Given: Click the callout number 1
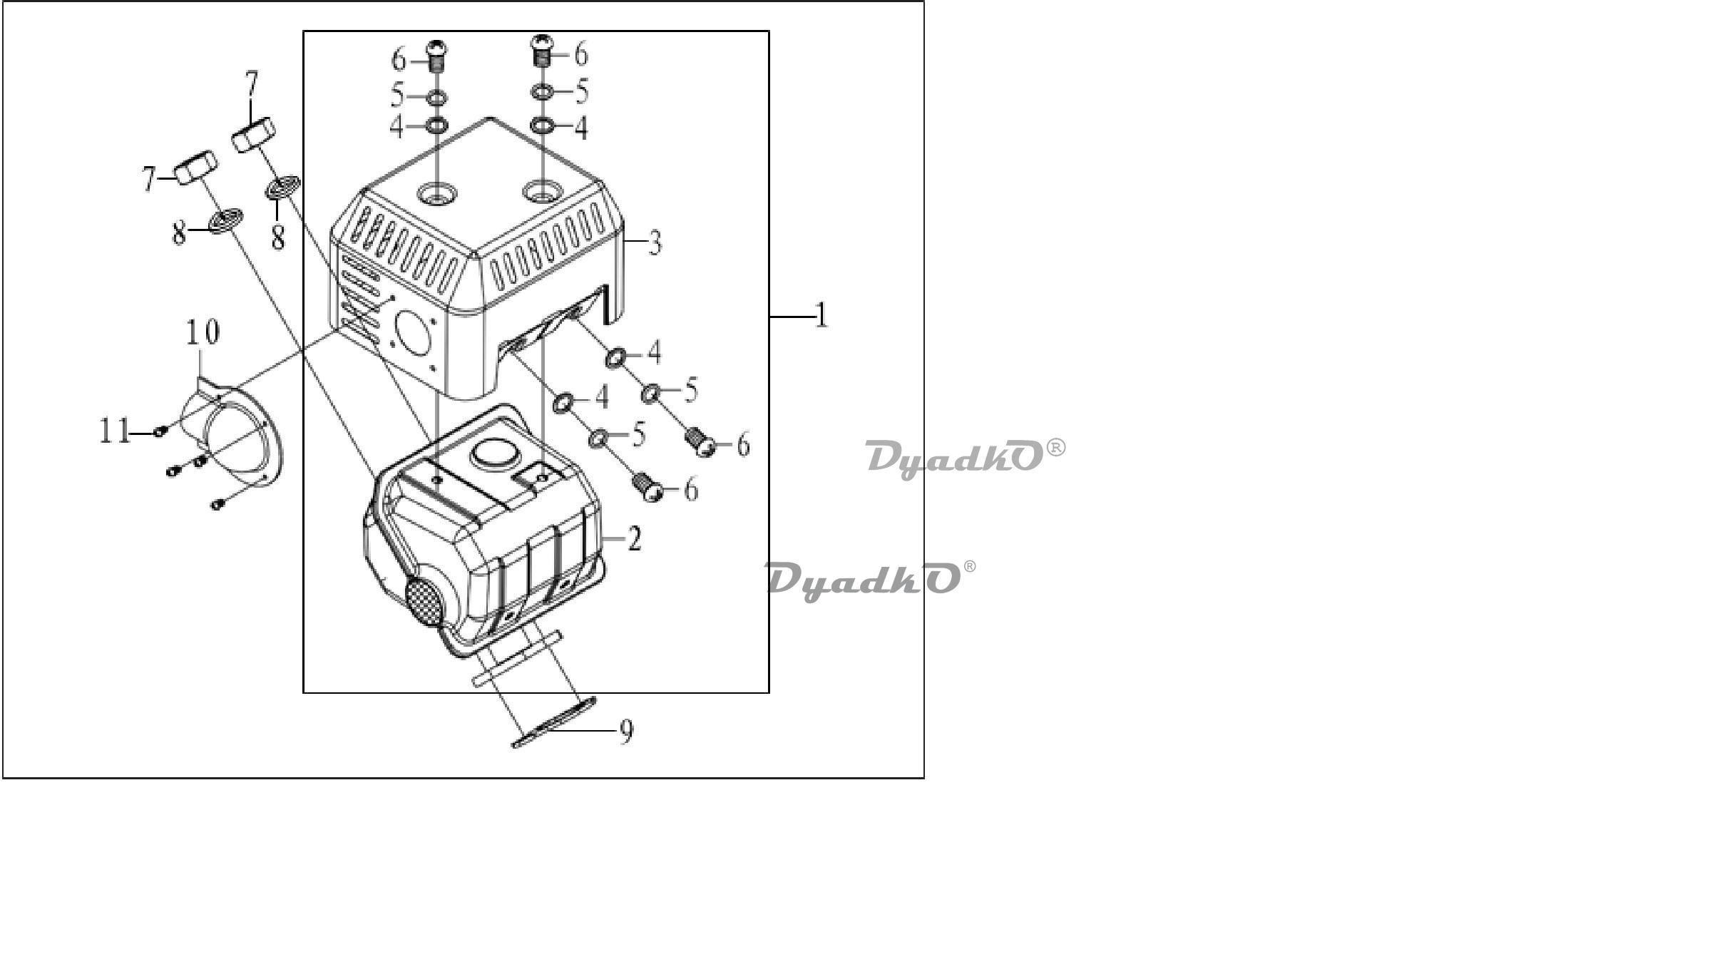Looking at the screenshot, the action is click(x=821, y=315).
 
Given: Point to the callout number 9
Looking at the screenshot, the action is click(x=625, y=732).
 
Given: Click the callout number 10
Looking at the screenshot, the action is click(x=203, y=332).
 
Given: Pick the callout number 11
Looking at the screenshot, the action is click(x=115, y=431).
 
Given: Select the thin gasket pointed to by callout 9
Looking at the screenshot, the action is click(x=553, y=723).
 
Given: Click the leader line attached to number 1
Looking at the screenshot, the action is click(x=792, y=316).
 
